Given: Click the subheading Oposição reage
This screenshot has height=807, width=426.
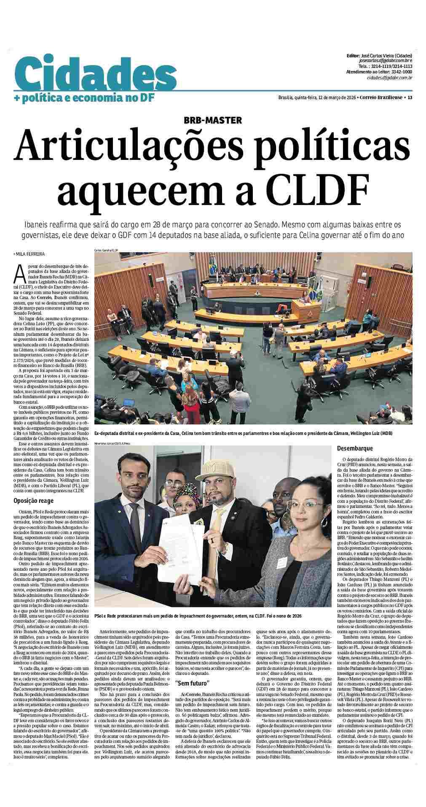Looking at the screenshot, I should pyautogui.click(x=33, y=501).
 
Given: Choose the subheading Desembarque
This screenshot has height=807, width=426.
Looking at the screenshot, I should pyautogui.click(x=355, y=448).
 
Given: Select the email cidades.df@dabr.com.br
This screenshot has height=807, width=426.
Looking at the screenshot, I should pyautogui.click(x=389, y=78).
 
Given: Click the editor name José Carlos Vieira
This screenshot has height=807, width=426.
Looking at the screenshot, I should pyautogui.click(x=380, y=56).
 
